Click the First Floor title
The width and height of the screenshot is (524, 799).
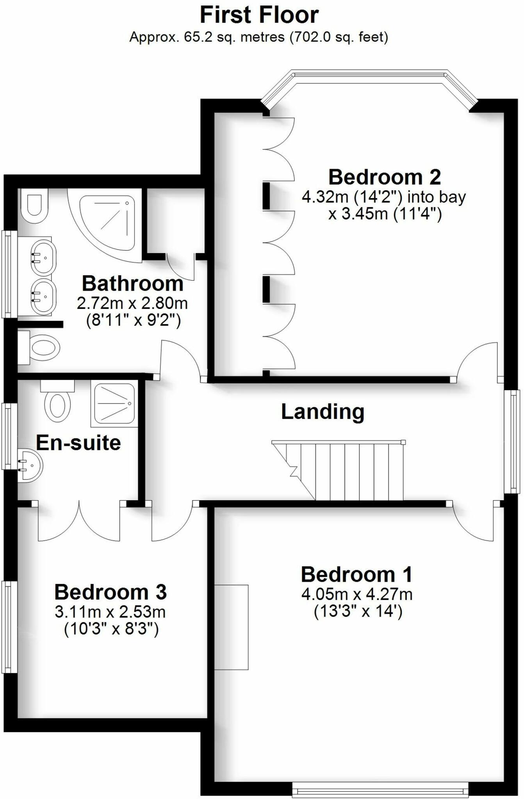click(259, 16)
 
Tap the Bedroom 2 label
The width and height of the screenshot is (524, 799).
click(385, 178)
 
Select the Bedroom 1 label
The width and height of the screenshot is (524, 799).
click(356, 575)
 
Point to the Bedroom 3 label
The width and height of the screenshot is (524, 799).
click(111, 592)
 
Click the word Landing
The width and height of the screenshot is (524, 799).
click(323, 412)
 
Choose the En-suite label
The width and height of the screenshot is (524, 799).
click(78, 443)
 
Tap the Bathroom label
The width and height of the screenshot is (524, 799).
click(132, 284)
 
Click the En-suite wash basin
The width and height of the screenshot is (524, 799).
click(30, 465)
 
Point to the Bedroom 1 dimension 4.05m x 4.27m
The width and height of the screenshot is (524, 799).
click(357, 595)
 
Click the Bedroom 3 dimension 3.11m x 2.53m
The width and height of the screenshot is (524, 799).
click(111, 612)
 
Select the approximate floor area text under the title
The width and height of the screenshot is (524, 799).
click(258, 37)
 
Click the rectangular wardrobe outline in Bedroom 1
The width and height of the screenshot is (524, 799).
click(231, 627)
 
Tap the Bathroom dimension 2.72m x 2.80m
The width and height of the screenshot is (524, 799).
click(132, 303)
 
